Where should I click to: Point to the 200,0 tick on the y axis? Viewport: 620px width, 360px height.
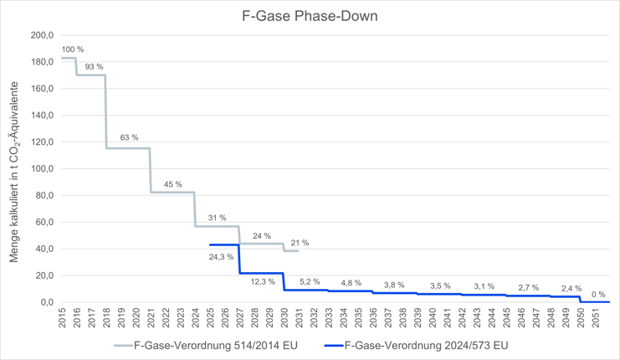tap(41, 35)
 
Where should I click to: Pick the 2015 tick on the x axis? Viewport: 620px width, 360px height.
tap(63, 320)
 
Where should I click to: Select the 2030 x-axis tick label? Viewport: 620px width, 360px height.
tap(284, 320)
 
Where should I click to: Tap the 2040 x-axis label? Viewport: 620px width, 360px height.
tap(433, 320)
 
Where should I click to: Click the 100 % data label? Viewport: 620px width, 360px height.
tap(73, 50)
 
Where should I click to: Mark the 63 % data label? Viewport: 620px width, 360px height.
tap(129, 137)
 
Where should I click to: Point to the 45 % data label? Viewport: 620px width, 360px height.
tap(173, 184)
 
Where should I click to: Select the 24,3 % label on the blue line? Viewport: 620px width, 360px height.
tap(222, 257)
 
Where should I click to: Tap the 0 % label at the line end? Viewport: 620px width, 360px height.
tap(598, 294)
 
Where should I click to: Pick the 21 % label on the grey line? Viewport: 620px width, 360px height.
tap(300, 243)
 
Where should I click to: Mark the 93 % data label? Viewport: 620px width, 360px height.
tap(94, 66)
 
